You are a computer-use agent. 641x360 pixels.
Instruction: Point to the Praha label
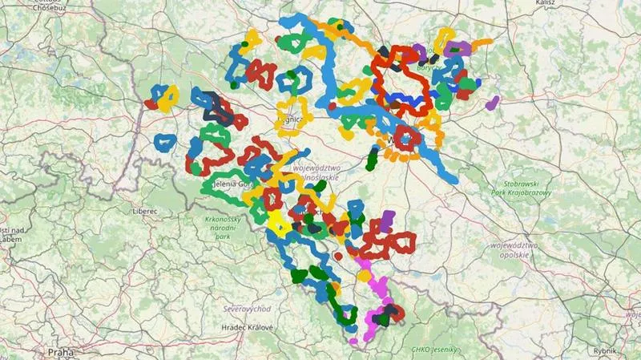[x=58, y=351]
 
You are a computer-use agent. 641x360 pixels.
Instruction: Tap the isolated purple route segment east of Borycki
[x=493, y=103]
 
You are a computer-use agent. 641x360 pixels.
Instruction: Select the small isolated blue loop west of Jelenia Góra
[x=165, y=143]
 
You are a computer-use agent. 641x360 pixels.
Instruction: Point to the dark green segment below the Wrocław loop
[x=371, y=158]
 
